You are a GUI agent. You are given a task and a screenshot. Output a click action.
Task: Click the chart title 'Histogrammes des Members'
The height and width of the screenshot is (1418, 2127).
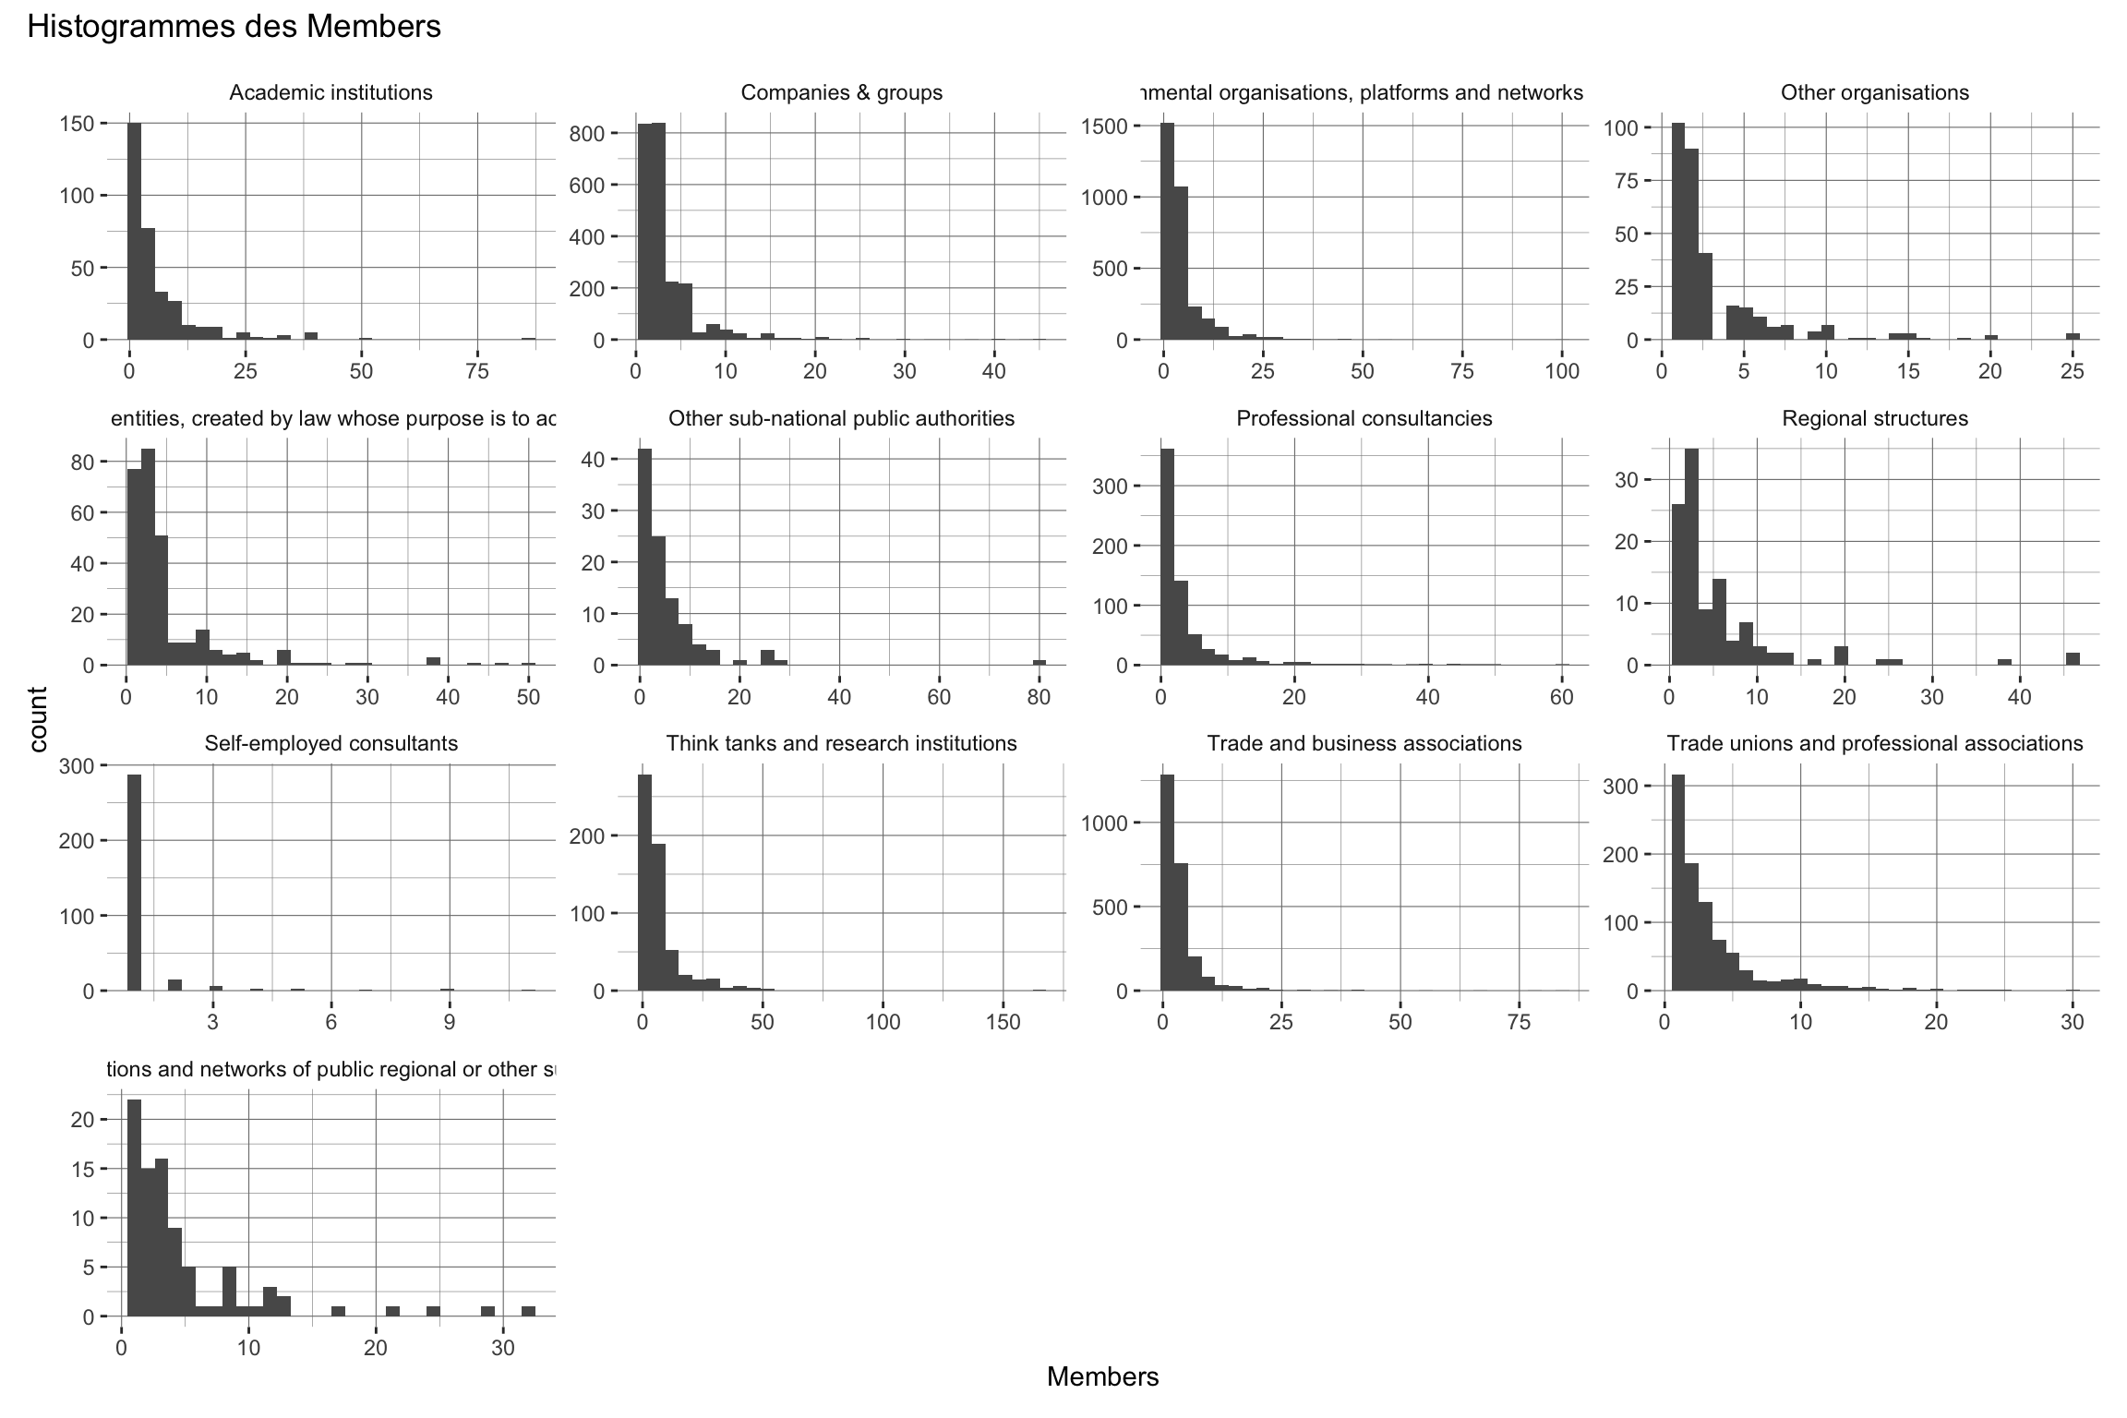point(234,28)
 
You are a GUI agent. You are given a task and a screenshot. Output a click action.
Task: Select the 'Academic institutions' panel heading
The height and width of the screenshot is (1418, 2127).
point(330,93)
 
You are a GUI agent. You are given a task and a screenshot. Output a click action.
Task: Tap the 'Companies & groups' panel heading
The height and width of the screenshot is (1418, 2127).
point(842,93)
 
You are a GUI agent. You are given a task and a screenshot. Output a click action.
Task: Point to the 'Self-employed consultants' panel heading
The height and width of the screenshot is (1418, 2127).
point(330,744)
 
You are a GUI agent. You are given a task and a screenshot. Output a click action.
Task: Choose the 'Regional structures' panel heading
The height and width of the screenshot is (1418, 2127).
point(1875,419)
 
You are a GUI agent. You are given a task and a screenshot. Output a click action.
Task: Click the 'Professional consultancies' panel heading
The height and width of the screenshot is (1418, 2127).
point(1364,419)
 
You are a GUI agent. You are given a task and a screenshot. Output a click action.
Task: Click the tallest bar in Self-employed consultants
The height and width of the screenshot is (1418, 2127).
point(134,882)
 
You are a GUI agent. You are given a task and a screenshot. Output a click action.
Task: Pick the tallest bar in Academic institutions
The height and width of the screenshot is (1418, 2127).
point(134,231)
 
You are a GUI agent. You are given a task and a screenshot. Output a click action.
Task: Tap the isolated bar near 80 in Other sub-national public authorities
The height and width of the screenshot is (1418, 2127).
point(1039,662)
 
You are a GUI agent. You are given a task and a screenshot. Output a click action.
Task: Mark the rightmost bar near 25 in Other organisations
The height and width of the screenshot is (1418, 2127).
point(2073,336)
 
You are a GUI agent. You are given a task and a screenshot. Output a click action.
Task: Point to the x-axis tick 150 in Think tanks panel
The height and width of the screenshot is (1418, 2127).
point(1003,1023)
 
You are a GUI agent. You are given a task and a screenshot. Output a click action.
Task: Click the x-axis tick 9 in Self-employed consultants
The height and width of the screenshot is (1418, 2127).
point(450,1023)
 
